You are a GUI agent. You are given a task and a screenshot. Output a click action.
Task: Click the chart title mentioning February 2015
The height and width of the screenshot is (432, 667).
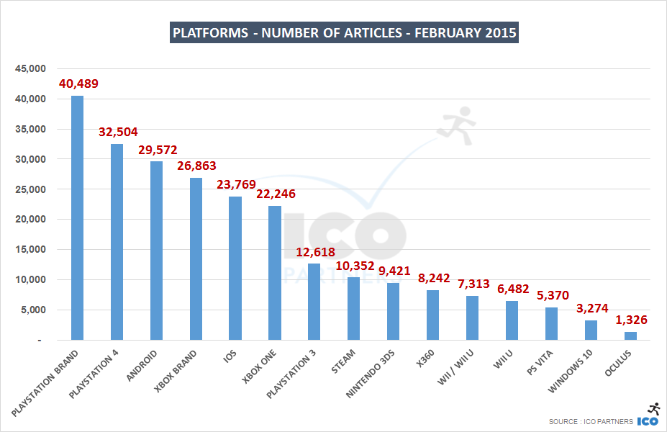(x=343, y=32)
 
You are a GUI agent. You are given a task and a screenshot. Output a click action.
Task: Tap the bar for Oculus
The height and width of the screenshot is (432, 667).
(x=630, y=336)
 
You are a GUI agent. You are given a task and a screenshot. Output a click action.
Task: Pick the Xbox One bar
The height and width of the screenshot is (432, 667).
(x=274, y=273)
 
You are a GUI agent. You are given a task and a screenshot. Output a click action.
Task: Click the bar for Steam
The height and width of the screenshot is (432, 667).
(x=353, y=308)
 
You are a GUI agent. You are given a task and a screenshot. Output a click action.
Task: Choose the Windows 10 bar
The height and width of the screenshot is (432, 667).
(x=591, y=330)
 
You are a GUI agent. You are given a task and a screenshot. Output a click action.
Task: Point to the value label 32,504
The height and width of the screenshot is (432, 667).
(x=117, y=132)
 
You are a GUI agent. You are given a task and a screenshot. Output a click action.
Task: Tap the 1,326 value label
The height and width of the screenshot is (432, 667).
(x=630, y=320)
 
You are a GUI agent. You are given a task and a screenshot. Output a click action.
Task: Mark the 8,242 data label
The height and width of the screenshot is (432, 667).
(x=432, y=278)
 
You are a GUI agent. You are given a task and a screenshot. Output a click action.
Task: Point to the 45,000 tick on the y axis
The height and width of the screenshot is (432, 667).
(x=30, y=69)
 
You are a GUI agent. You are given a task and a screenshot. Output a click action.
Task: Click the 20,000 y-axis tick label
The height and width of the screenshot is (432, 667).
(x=30, y=220)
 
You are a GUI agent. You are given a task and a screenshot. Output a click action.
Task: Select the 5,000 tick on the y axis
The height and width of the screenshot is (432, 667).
(x=33, y=310)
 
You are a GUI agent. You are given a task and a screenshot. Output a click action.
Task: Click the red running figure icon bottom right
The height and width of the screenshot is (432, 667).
(x=654, y=408)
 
